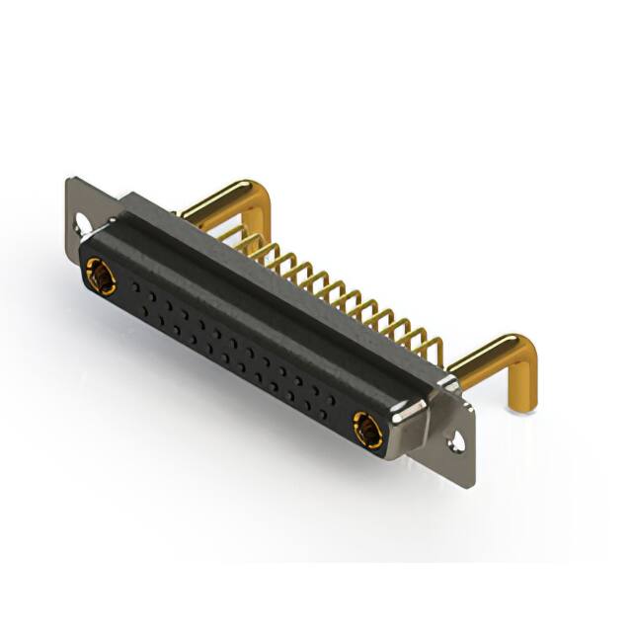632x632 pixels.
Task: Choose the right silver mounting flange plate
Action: click(461, 434)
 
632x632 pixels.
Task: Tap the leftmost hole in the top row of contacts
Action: click(128, 282)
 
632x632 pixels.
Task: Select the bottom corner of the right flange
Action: click(472, 484)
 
